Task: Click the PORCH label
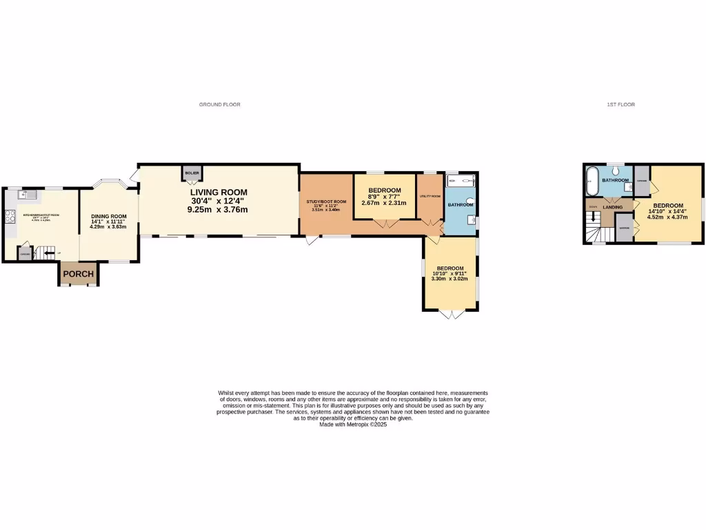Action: (x=77, y=274)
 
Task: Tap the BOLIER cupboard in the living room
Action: (x=192, y=173)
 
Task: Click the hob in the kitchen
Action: (x=10, y=215)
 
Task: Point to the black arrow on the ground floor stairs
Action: (x=49, y=253)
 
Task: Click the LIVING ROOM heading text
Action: (x=219, y=192)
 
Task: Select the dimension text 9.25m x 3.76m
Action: (x=217, y=209)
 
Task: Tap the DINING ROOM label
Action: (x=108, y=216)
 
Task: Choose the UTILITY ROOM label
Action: (x=430, y=196)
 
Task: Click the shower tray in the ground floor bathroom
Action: (x=461, y=181)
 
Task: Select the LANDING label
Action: (x=612, y=207)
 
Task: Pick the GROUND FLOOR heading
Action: (x=219, y=104)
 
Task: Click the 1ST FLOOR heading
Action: (x=621, y=104)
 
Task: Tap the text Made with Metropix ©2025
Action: (x=353, y=424)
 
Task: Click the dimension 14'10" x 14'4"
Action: (x=668, y=212)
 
